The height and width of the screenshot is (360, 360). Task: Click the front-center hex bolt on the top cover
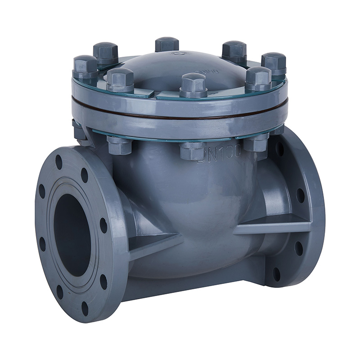(193, 85)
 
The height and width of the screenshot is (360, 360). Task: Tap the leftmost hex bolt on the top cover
(85, 67)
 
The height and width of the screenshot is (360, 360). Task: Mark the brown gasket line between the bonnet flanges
(180, 117)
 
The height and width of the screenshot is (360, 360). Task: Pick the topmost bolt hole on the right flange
(279, 148)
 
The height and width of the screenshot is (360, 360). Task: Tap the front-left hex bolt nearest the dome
(120, 80)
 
